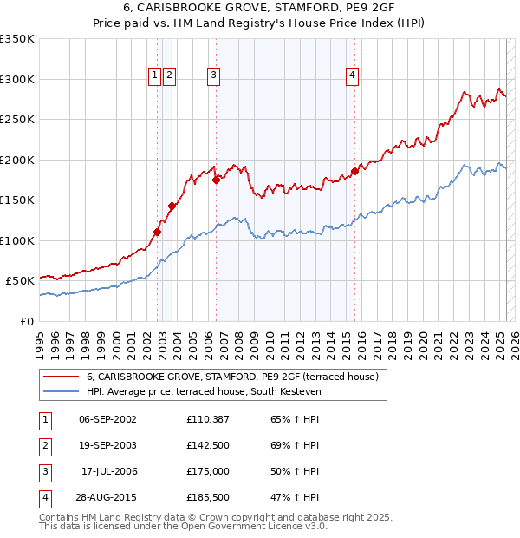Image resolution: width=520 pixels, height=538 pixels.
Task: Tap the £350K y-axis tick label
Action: (x=17, y=39)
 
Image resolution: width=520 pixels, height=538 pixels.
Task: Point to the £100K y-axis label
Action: (x=17, y=240)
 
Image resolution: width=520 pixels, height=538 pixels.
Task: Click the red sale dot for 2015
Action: (x=354, y=171)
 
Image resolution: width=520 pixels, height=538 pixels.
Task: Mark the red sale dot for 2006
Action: (x=216, y=180)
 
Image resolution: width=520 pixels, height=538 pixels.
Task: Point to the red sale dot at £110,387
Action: (x=157, y=232)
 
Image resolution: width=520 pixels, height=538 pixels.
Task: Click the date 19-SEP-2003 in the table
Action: (x=107, y=446)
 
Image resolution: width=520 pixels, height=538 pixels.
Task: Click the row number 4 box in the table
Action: (x=44, y=497)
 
